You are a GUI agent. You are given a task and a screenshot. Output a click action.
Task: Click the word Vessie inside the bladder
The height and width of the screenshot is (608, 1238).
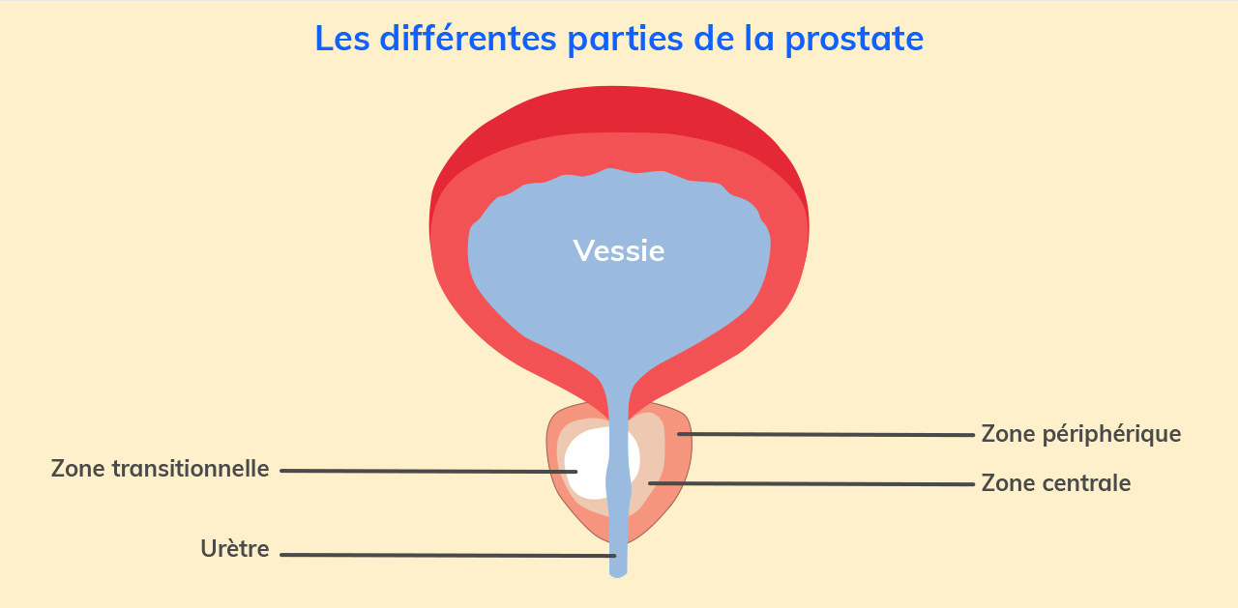point(618,251)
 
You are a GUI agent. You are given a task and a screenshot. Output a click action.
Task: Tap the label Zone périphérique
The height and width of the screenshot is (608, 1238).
point(1081,434)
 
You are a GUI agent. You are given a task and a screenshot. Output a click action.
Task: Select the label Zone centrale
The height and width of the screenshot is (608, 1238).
point(1055,483)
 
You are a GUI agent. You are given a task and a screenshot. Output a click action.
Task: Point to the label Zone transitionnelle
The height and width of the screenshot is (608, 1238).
point(161,469)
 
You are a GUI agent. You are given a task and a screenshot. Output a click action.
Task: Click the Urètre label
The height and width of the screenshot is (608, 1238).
point(235,549)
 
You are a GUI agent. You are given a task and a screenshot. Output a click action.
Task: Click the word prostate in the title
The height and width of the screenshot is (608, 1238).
point(854,40)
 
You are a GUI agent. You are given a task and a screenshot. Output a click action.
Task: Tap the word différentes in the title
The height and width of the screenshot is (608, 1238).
point(467,38)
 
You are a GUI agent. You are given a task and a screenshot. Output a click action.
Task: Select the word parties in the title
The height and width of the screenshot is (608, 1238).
point(625,40)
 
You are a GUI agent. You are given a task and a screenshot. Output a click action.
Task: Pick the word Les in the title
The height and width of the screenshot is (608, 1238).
point(342,39)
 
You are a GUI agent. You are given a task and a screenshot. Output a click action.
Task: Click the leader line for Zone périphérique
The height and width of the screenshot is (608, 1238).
point(826,435)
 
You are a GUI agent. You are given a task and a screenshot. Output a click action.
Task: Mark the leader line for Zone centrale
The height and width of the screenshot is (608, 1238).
point(811,483)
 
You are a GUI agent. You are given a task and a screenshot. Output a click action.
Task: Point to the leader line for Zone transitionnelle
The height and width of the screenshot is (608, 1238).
point(428,471)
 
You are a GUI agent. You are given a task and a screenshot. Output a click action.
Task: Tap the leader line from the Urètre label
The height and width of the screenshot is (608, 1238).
point(448,555)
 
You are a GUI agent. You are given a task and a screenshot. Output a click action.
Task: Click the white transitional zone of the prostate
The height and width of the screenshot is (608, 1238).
point(586,464)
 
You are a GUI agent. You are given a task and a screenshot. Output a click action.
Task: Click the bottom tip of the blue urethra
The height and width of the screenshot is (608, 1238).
point(618,576)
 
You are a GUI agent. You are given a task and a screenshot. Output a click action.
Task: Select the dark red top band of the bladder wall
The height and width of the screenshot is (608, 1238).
point(618,109)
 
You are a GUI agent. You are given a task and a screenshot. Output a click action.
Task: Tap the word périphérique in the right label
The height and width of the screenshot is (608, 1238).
point(1112,435)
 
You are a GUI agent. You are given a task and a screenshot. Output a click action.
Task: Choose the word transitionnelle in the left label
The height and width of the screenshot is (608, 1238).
point(191,469)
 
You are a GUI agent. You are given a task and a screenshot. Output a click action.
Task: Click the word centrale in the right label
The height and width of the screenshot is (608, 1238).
point(1086,483)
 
